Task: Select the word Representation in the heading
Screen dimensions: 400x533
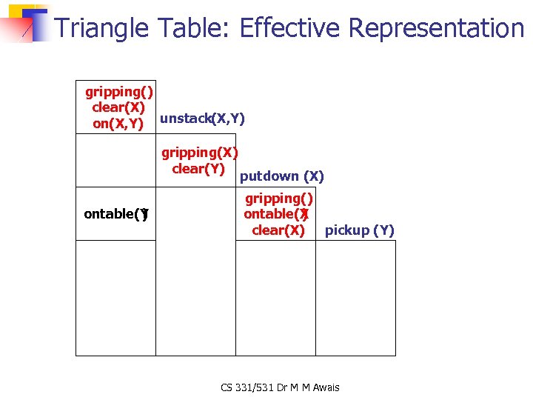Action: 436,28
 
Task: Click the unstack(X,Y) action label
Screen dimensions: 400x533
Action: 202,119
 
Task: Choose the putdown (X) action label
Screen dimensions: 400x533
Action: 282,176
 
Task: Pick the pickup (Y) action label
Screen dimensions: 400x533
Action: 360,230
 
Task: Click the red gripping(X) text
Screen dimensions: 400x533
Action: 199,153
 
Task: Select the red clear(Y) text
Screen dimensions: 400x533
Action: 198,168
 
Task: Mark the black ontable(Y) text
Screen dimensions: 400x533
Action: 116,214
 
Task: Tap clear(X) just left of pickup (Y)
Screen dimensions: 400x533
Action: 278,230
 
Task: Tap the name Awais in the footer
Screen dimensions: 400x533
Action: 326,387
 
